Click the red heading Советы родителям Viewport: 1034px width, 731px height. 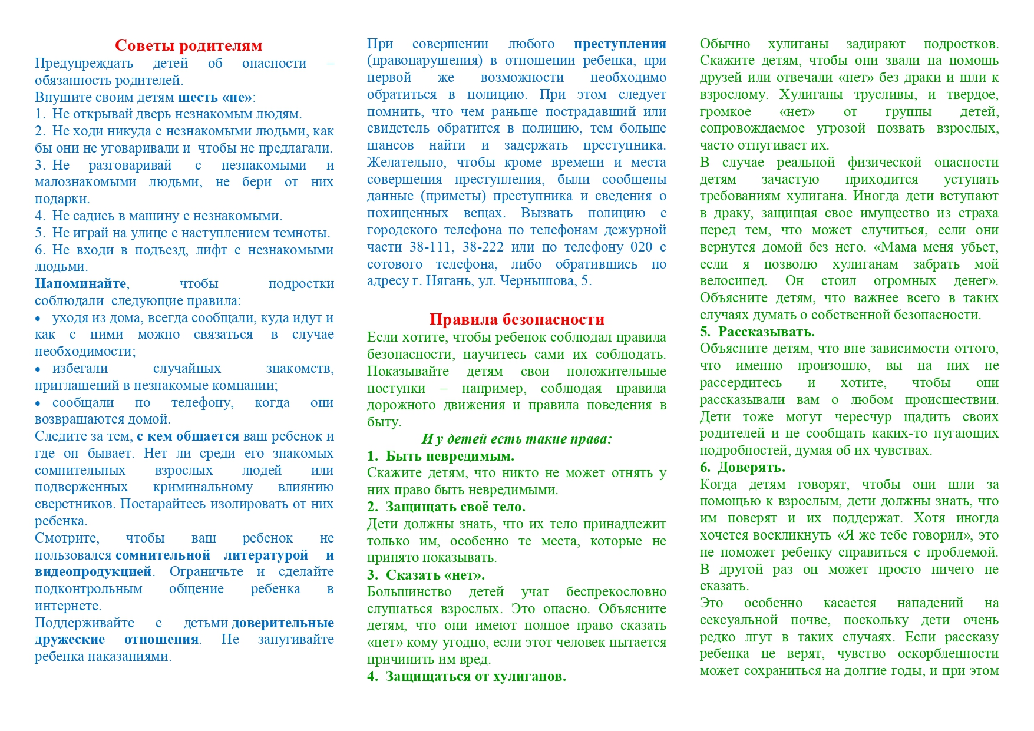tap(189, 45)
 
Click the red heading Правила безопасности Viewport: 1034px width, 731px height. tap(517, 319)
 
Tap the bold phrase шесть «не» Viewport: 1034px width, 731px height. tap(215, 97)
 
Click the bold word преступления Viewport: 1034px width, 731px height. tap(620, 44)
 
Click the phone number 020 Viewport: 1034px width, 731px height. tap(641, 247)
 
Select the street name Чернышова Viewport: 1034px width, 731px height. tap(538, 281)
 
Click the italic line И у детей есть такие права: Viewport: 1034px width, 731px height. tap(517, 439)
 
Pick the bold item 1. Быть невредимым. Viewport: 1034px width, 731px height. tap(441, 456)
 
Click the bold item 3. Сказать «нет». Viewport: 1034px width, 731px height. tap(426, 575)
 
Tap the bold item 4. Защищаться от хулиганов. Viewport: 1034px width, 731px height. tap(467, 676)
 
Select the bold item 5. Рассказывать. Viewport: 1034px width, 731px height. tap(757, 332)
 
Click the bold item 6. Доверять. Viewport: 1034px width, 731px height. tap(742, 468)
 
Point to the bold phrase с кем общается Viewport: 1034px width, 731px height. tap(188, 436)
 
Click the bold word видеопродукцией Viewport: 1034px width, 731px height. tap(94, 572)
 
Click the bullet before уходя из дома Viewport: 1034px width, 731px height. tap(38, 319)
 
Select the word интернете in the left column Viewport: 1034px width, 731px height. tap(67, 606)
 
